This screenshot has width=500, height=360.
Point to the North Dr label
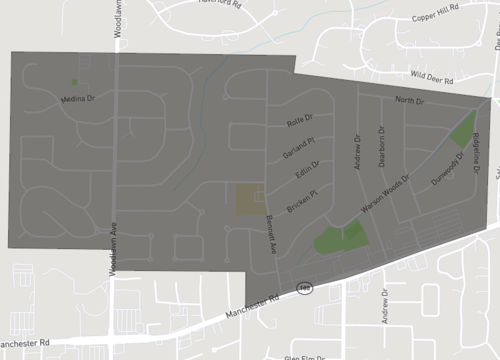pyautogui.click(x=409, y=101)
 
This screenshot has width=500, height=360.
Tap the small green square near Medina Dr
pyautogui.click(x=74, y=81)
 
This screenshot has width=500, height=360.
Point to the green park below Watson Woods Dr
pyautogui.click(x=338, y=238)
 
